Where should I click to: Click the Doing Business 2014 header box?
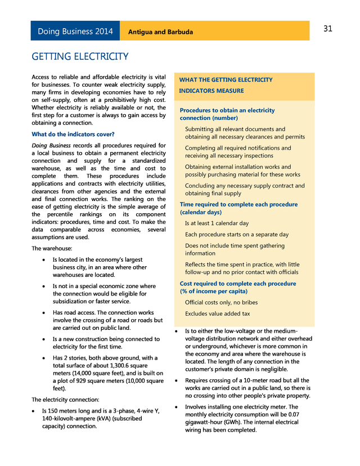75,32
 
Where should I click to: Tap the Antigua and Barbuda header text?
160,32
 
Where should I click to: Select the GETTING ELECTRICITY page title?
80,57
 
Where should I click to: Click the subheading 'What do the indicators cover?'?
73,134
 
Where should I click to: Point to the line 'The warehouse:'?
52,248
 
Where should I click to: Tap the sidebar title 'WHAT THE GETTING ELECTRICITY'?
226,80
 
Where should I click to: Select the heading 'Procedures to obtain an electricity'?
227,110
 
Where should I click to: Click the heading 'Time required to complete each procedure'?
238,204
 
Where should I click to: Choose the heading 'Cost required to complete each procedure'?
238,284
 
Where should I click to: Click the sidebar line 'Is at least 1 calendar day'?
217,223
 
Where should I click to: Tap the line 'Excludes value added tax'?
218,313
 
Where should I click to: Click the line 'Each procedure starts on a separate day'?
237,234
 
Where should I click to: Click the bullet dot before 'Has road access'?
44,313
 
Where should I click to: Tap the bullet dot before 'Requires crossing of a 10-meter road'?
177,381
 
